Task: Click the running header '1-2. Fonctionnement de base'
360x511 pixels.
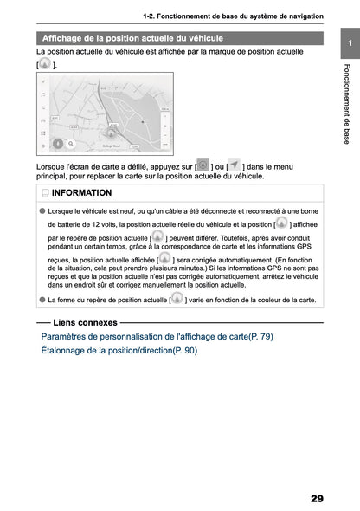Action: [x=234, y=17]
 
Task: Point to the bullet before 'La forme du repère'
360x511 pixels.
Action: [x=42, y=300]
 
